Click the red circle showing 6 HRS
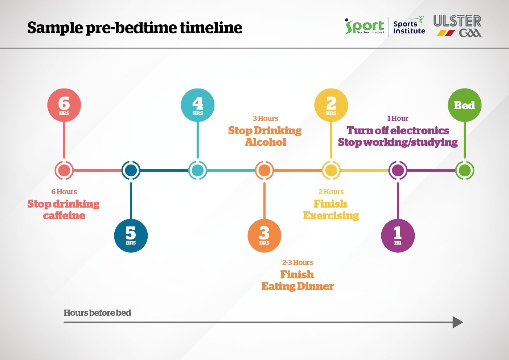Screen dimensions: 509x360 [64, 105]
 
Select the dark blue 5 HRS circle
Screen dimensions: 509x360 [131, 236]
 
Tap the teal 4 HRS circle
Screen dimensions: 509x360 [198, 105]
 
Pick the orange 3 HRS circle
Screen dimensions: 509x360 [264, 236]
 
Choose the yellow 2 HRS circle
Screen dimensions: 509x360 [331, 105]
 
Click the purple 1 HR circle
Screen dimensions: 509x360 [398, 236]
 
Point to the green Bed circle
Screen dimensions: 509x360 [465, 105]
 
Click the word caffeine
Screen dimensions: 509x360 [64, 216]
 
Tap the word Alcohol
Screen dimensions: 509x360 [266, 142]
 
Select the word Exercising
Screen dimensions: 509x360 [331, 216]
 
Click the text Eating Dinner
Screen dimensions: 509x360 [298, 286]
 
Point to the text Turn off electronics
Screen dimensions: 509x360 [398, 130]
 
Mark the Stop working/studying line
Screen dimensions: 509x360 [398, 142]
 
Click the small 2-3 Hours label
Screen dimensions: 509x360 [298, 262]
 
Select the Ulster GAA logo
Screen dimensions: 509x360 [457, 26]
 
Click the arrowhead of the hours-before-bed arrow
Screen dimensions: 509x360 [458, 322]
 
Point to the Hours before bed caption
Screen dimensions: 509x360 [97, 313]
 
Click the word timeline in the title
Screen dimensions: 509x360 [211, 28]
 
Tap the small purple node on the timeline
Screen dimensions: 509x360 [398, 170]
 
